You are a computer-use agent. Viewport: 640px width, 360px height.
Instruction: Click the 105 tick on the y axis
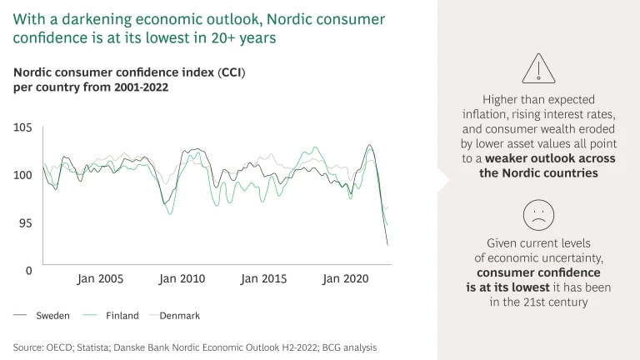point(22,127)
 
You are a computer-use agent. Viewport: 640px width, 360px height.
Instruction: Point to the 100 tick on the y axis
point(22,175)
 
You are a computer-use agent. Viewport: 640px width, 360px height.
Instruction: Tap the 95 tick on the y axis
point(25,223)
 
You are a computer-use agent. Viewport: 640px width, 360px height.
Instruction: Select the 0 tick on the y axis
point(27,271)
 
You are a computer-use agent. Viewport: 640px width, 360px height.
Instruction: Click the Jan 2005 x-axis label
point(100,279)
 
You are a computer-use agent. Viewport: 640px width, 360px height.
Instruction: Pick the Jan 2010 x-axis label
point(182,279)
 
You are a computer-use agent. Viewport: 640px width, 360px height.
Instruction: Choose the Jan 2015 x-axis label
point(263,279)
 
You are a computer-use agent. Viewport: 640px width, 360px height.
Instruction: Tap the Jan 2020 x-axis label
point(345,279)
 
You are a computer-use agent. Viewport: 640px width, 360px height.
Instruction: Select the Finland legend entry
point(122,316)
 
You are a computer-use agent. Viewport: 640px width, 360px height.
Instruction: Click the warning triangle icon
point(538,68)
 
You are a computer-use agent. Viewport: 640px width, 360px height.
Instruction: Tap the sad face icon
point(538,216)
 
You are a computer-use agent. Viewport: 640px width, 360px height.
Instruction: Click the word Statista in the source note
point(101,346)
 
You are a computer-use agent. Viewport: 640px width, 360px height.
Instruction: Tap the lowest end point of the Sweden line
point(387,245)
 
